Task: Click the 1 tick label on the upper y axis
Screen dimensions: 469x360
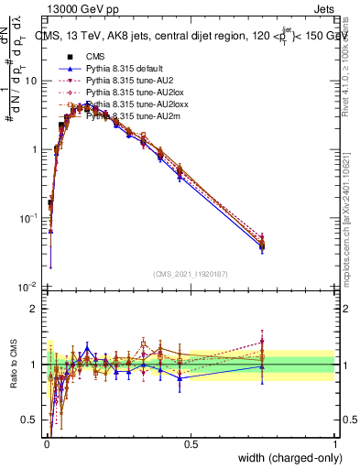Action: (34, 149)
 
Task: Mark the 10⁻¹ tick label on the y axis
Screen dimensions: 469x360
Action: (28, 218)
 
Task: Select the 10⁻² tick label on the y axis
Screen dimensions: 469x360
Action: (28, 287)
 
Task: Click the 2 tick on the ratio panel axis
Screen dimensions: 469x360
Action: (34, 308)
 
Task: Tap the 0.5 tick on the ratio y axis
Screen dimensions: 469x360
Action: (30, 420)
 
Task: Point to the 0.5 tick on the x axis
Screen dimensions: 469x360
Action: (191, 444)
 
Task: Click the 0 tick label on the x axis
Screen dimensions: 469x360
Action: (47, 444)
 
